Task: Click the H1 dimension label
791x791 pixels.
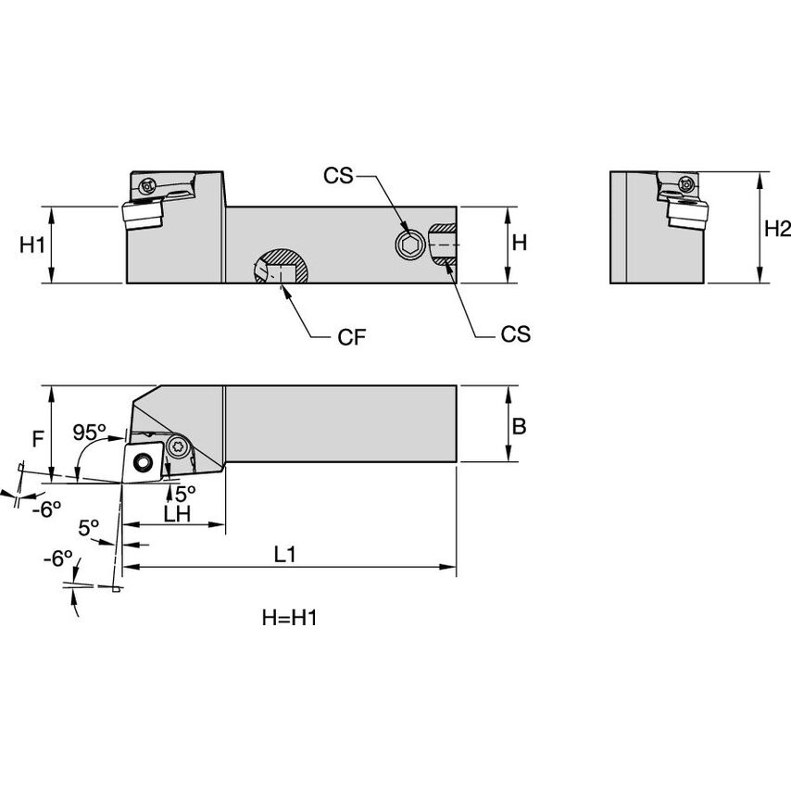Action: coord(32,245)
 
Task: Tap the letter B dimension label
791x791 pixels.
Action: coord(520,425)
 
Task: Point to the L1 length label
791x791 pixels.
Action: coord(286,554)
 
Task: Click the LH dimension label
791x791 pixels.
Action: coord(176,514)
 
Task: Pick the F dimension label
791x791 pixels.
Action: coord(37,438)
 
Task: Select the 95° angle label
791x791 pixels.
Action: coord(90,433)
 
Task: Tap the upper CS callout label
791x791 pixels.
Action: coord(338,175)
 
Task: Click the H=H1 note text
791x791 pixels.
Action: coord(290,618)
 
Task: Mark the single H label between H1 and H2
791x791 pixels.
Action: coord(520,243)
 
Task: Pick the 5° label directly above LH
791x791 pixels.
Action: coord(185,493)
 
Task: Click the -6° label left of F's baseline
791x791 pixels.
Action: coord(48,508)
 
